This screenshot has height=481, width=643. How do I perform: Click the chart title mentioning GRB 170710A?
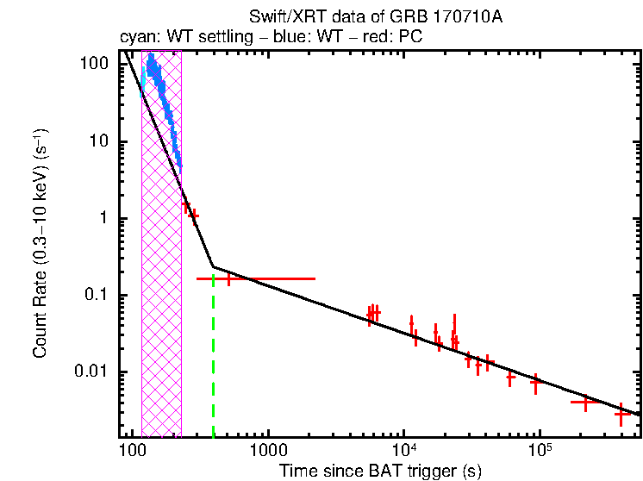click(344, 16)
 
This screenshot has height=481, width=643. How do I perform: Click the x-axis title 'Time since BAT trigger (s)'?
click(380, 471)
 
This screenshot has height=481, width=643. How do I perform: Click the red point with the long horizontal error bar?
click(229, 278)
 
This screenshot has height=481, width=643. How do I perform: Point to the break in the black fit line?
click(213, 267)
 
